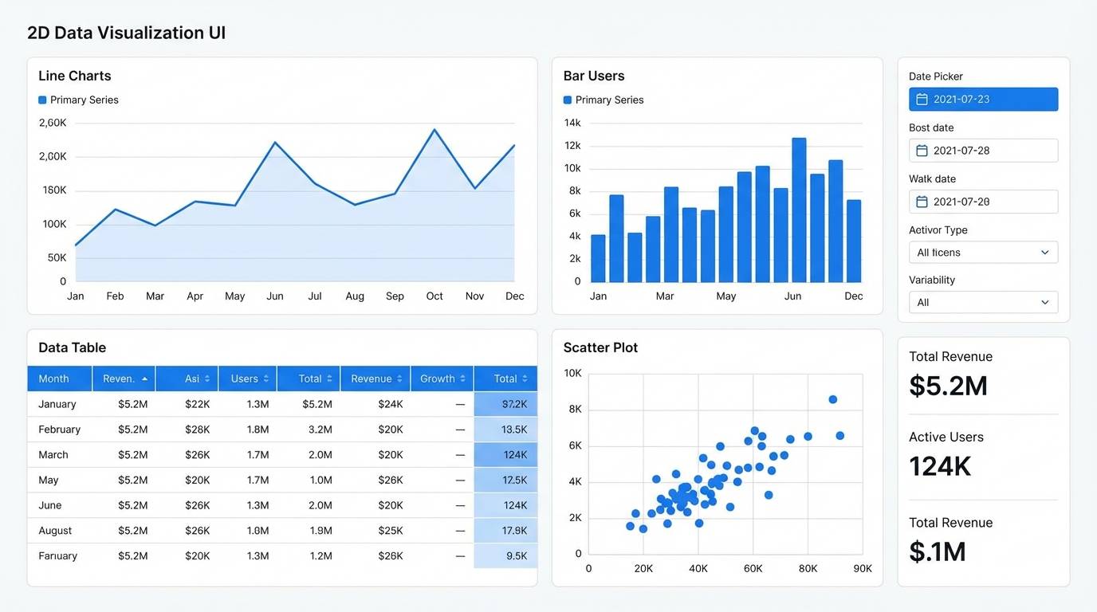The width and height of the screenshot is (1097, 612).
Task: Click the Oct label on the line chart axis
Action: pyautogui.click(x=434, y=296)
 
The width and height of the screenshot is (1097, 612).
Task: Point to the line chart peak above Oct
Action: pyautogui.click(x=434, y=129)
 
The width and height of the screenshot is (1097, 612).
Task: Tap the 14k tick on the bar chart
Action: pyautogui.click(x=572, y=123)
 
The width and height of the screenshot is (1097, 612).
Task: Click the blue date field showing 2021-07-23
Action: pyautogui.click(x=983, y=99)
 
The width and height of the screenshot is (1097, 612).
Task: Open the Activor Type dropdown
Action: pyautogui.click(x=983, y=253)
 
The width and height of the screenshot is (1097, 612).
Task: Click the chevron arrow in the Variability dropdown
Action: pyautogui.click(x=1044, y=303)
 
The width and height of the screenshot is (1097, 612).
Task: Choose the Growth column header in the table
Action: pyautogui.click(x=442, y=379)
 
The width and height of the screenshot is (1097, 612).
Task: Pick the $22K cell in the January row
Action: pyautogui.click(x=197, y=404)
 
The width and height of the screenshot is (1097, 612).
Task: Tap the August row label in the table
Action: pyautogui.click(x=55, y=531)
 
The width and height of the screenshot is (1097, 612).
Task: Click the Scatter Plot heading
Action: pyautogui.click(x=600, y=347)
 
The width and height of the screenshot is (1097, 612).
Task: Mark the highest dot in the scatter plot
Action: pyautogui.click(x=832, y=399)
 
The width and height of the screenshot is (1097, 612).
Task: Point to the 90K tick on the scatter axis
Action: pyautogui.click(x=862, y=569)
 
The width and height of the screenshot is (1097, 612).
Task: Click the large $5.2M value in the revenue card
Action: pyautogui.click(x=948, y=386)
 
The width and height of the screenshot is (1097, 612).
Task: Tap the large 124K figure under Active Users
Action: pyautogui.click(x=940, y=466)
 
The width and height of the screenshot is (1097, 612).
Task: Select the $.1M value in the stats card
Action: pyautogui.click(x=937, y=551)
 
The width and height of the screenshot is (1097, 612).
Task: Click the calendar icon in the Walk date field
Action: pyautogui.click(x=922, y=202)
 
